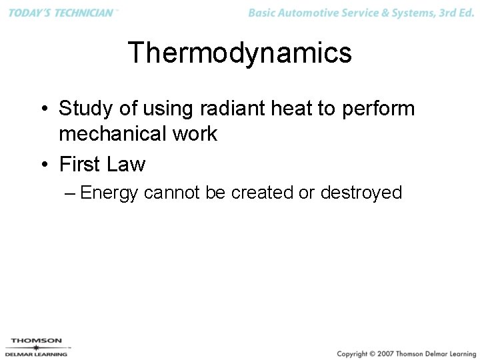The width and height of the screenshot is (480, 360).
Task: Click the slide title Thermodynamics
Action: pos(239,53)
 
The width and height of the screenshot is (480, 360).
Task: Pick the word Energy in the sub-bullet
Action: pos(109,193)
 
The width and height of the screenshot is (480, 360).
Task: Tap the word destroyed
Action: pos(361,193)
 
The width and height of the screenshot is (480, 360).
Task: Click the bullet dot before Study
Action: pos(43,109)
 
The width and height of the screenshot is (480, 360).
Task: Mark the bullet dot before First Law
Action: pos(43,164)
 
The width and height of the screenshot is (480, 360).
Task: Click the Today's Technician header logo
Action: pos(61,13)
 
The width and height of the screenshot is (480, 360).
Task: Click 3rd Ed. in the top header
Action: pos(457,13)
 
